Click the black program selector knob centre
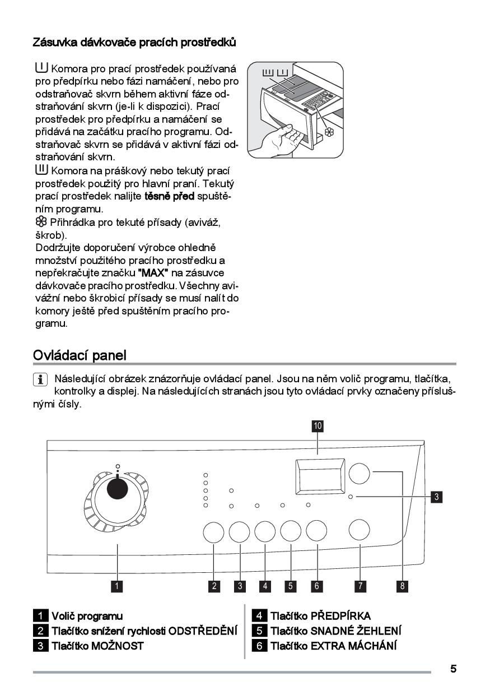point(118,488)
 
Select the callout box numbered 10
point(318,426)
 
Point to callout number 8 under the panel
point(402,586)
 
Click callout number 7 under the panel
point(360,586)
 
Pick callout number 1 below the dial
point(117,586)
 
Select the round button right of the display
point(359,474)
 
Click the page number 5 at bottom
point(453,669)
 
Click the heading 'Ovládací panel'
point(80,355)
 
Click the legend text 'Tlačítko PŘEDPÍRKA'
point(320,616)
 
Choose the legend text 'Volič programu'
point(87,616)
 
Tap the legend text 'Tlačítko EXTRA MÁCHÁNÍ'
point(333,646)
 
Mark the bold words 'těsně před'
point(169,196)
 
